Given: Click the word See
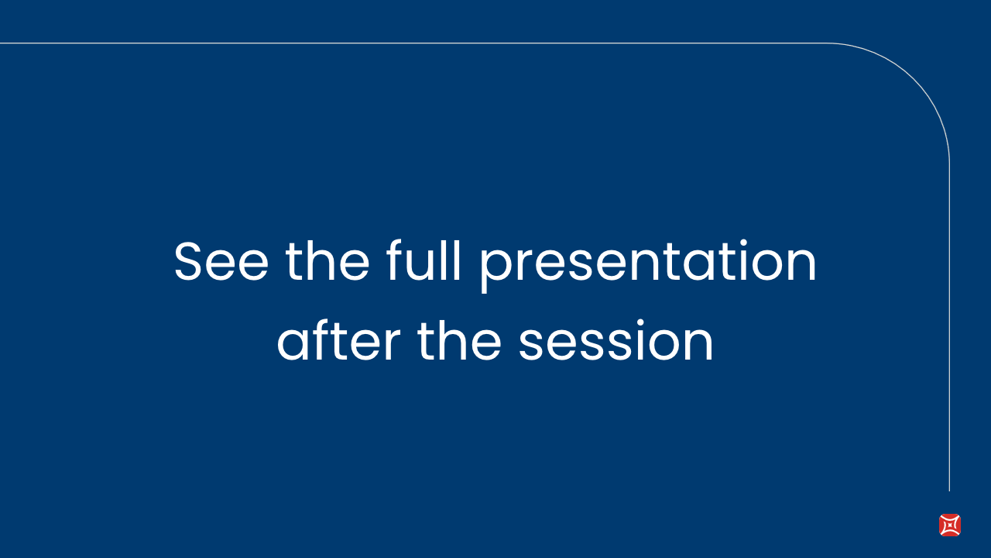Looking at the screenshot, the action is point(221,261).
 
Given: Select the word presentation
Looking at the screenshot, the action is point(648,266).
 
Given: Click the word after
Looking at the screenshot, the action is point(339,340).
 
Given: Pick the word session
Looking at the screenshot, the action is point(616,340).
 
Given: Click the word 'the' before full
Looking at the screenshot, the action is point(327,260).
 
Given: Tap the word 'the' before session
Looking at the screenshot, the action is point(459,340).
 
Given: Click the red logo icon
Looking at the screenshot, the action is point(950,525).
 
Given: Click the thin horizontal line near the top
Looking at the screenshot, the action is point(413,43).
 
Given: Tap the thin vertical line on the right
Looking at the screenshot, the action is point(949,328).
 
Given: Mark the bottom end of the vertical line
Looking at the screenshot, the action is point(949,491).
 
